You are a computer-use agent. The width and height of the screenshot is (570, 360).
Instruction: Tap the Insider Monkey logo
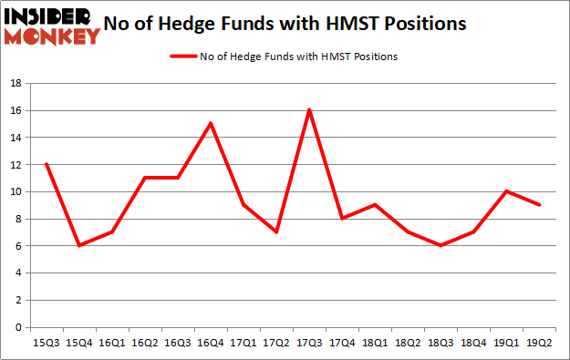coord(51,26)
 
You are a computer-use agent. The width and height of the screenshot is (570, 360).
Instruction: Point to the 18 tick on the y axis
coord(16,83)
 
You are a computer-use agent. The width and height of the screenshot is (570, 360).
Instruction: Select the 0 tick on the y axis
coord(18,327)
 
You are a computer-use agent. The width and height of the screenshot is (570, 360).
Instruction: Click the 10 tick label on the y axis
coord(16,191)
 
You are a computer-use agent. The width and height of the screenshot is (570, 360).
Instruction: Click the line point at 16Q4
coord(209,124)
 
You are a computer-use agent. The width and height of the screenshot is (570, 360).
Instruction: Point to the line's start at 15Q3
coord(46,164)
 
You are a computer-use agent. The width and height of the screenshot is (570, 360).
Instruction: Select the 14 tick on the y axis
coord(16,138)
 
